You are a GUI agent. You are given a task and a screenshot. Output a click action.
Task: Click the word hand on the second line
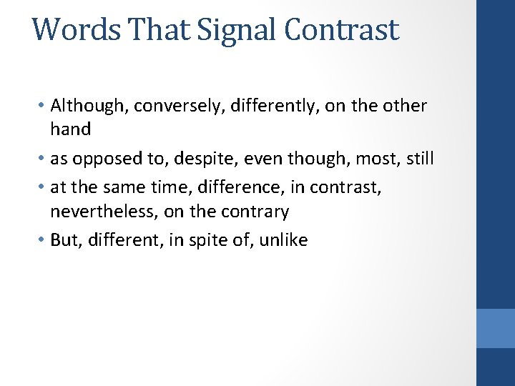(70, 129)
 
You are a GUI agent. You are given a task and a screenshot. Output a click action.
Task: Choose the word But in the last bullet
(63, 240)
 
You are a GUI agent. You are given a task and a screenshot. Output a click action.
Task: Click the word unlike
(283, 240)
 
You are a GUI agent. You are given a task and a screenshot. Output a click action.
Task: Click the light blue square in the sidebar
(495, 328)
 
